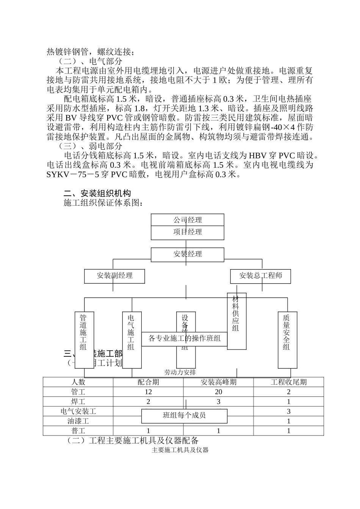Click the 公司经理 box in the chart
[188, 220]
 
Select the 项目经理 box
[188, 232]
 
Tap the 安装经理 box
[188, 254]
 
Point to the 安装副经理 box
[114, 276]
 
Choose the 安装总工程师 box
[260, 276]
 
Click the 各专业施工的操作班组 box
[185, 339]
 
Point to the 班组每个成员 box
[185, 416]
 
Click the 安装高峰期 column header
[218, 382]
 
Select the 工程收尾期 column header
[288, 382]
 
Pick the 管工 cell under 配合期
[148, 392]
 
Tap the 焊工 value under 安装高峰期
[218, 402]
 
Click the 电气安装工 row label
[78, 411]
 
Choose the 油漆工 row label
[78, 421]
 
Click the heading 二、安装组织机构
[97, 194]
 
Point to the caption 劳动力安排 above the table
[180, 373]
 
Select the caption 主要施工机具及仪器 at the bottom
[180, 450]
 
